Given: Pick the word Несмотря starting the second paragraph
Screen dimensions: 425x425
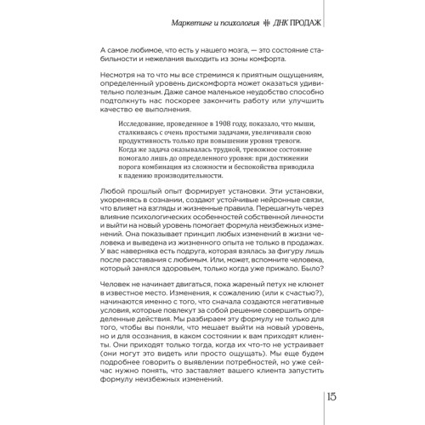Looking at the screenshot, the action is tap(119, 76).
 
